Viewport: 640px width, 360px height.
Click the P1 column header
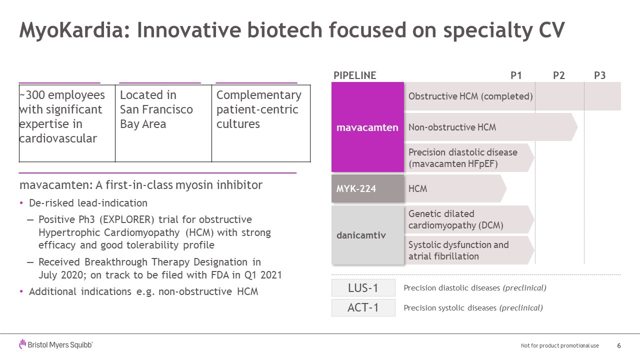tap(516, 75)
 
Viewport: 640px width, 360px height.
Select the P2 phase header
tap(559, 75)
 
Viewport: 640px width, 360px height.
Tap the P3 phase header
tap(599, 75)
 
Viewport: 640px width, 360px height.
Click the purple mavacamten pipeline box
tap(367, 127)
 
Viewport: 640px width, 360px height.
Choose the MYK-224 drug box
tap(367, 188)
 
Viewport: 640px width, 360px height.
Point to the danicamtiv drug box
tap(367, 235)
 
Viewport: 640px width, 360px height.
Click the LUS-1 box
tap(363, 287)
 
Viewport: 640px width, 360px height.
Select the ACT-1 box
tap(363, 307)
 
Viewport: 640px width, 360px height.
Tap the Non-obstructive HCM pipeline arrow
tap(491, 127)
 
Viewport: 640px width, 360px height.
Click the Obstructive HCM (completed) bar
tap(512, 96)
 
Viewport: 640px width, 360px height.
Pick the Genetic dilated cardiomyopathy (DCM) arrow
tap(469, 219)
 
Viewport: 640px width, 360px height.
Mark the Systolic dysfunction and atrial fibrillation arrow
tap(469, 250)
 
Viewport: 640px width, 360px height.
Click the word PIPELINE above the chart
tap(355, 75)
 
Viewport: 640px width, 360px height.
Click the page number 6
tap(619, 345)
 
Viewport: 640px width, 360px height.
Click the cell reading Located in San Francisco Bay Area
tap(163, 123)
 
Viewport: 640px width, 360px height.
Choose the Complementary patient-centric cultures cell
tap(261, 123)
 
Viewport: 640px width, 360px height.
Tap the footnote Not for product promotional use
tap(559, 345)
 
